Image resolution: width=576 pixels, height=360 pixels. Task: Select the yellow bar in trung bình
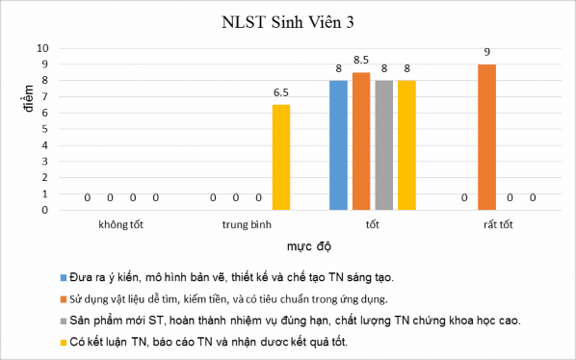coord(281,157)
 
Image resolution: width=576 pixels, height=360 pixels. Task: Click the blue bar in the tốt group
coord(338,144)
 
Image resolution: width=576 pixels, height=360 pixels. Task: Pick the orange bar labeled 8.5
coord(361,141)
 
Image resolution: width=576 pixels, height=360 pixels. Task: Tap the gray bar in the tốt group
coord(383,144)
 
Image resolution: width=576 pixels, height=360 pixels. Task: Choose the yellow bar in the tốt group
coord(406,144)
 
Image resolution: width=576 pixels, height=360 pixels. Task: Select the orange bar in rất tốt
coord(486,137)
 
